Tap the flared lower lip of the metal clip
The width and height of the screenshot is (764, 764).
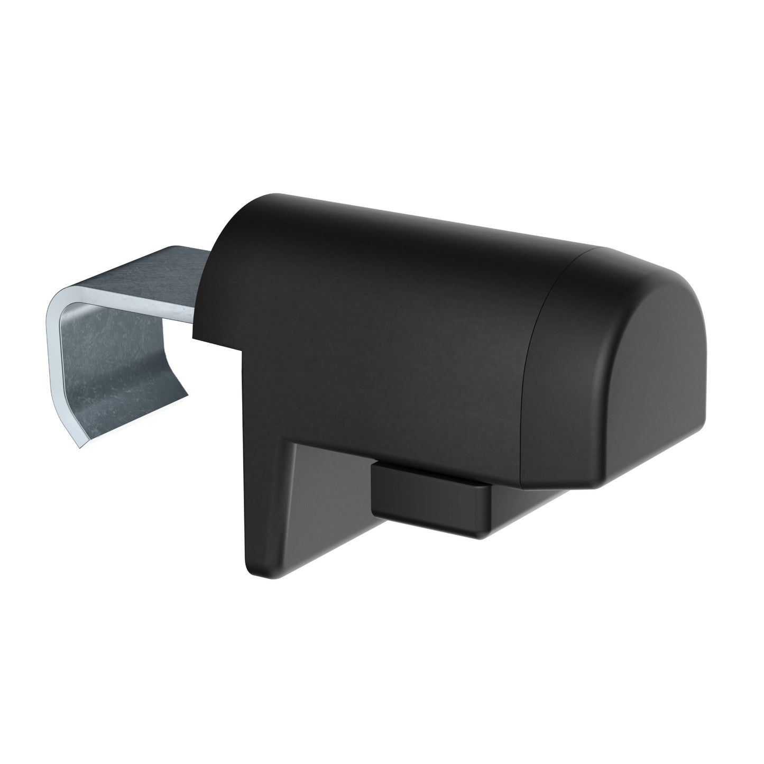click(127, 418)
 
